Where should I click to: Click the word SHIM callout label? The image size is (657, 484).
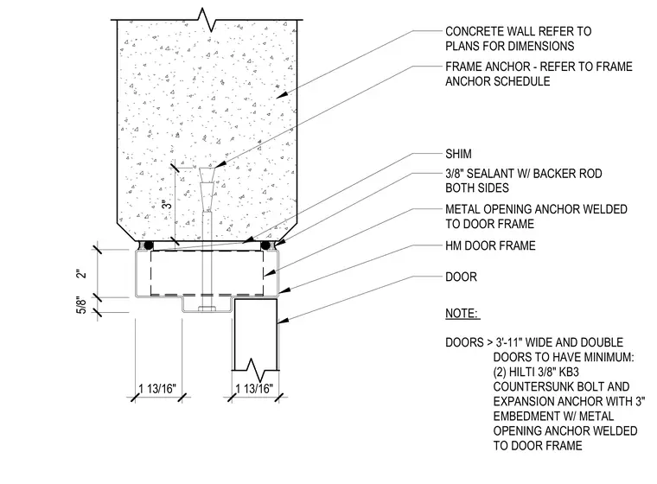coord(458,154)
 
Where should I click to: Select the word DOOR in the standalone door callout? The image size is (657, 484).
coord(461,277)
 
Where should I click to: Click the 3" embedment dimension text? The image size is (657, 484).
coord(167,204)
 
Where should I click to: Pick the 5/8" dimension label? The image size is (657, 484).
coord(82,304)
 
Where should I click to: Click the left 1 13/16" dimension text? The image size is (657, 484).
coord(157,388)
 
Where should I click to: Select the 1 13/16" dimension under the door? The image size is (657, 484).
coord(254,388)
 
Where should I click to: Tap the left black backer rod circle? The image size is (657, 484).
coord(148,245)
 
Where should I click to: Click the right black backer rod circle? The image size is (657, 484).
coord(265,245)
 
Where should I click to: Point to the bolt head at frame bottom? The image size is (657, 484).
coord(207,309)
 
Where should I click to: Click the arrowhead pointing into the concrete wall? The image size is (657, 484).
coord(282,95)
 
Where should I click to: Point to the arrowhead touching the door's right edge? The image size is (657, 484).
coord(283,321)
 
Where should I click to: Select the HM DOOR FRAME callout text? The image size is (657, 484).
coord(490,245)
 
